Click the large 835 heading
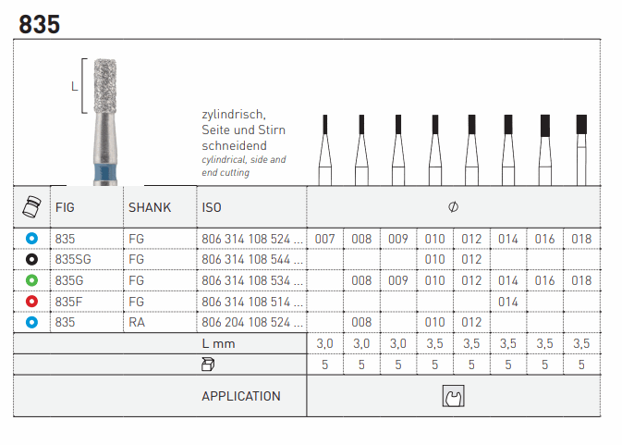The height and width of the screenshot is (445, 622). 39,24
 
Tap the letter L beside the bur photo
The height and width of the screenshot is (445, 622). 74,86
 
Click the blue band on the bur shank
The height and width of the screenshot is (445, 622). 105,173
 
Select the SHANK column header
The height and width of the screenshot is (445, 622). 150,207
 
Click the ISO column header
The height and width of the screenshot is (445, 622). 212,207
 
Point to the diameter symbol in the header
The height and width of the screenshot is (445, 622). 454,207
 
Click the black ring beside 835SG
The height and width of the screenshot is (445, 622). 31,259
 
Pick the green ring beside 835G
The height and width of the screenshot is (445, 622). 31,280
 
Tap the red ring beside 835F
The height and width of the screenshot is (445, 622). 31,302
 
